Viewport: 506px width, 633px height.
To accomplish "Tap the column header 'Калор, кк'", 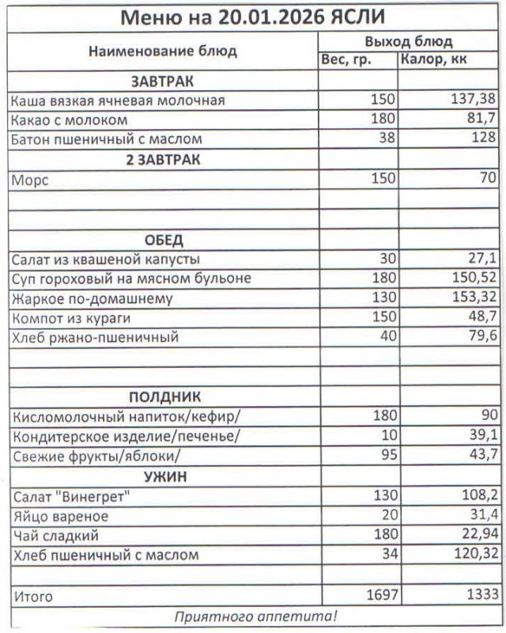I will tap(433, 60).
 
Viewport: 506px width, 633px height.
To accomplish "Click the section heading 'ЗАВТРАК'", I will tap(163, 81).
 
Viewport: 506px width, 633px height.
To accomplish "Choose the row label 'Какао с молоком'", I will tap(70, 119).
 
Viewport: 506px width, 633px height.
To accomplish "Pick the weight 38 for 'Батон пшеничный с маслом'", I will tap(386, 138).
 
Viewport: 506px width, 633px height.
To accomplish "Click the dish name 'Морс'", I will tap(30, 180).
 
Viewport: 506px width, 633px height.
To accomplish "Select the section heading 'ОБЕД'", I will tap(163, 240).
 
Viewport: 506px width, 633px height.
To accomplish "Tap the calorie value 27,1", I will tap(481, 259).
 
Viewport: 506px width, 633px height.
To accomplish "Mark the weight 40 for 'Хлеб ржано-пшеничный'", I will tap(386, 337).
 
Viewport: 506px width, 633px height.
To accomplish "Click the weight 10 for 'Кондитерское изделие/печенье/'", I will tap(386, 436).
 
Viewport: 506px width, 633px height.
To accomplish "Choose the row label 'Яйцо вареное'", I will tap(60, 516).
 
